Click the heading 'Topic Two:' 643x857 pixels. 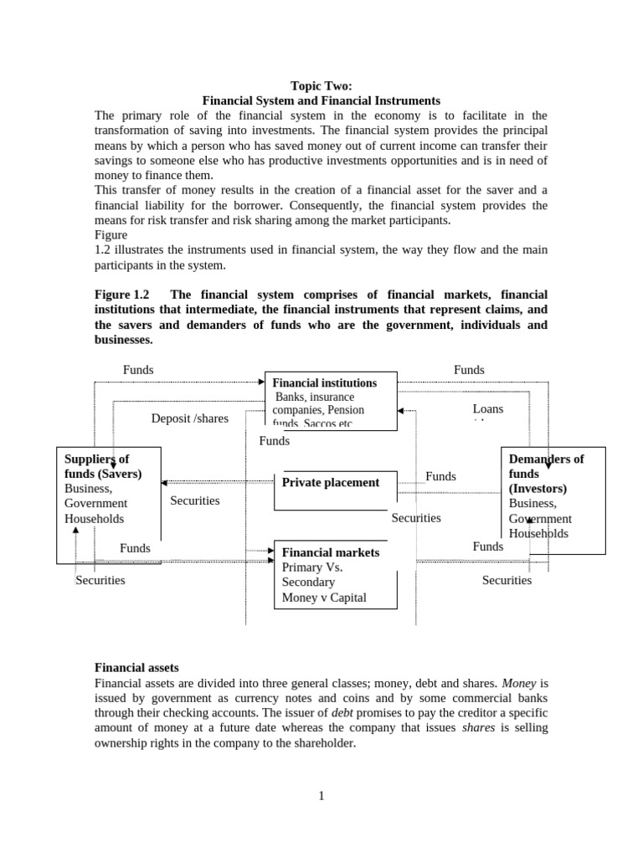321,85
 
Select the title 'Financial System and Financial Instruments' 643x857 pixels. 321,100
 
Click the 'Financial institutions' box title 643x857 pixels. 325,382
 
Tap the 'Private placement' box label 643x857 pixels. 331,482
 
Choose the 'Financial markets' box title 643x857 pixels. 331,552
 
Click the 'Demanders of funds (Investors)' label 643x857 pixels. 546,474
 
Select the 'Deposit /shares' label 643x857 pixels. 189,418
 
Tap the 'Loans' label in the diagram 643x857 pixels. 488,409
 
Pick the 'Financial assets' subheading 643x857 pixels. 136,668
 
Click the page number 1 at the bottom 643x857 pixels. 321,796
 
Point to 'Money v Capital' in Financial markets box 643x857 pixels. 324,598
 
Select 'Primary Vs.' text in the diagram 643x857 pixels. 312,567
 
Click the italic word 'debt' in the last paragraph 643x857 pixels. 342,713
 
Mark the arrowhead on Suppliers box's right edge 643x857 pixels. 165,482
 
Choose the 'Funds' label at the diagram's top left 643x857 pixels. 138,370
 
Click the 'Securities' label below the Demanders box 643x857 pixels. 507,580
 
